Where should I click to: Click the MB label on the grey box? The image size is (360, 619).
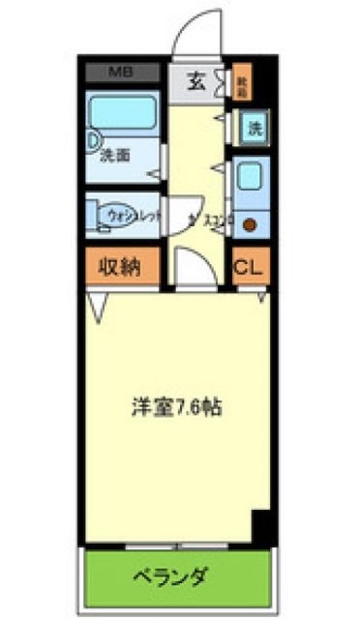click(121, 73)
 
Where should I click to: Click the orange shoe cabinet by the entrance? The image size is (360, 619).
click(239, 84)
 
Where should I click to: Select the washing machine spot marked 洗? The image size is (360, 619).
click(253, 127)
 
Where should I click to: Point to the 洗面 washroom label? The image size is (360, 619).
click(119, 153)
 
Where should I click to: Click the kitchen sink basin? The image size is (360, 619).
click(249, 178)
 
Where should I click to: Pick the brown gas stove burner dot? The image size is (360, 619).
click(249, 225)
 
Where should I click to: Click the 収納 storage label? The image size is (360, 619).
click(123, 267)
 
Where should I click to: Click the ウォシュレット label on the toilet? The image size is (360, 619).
click(130, 212)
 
